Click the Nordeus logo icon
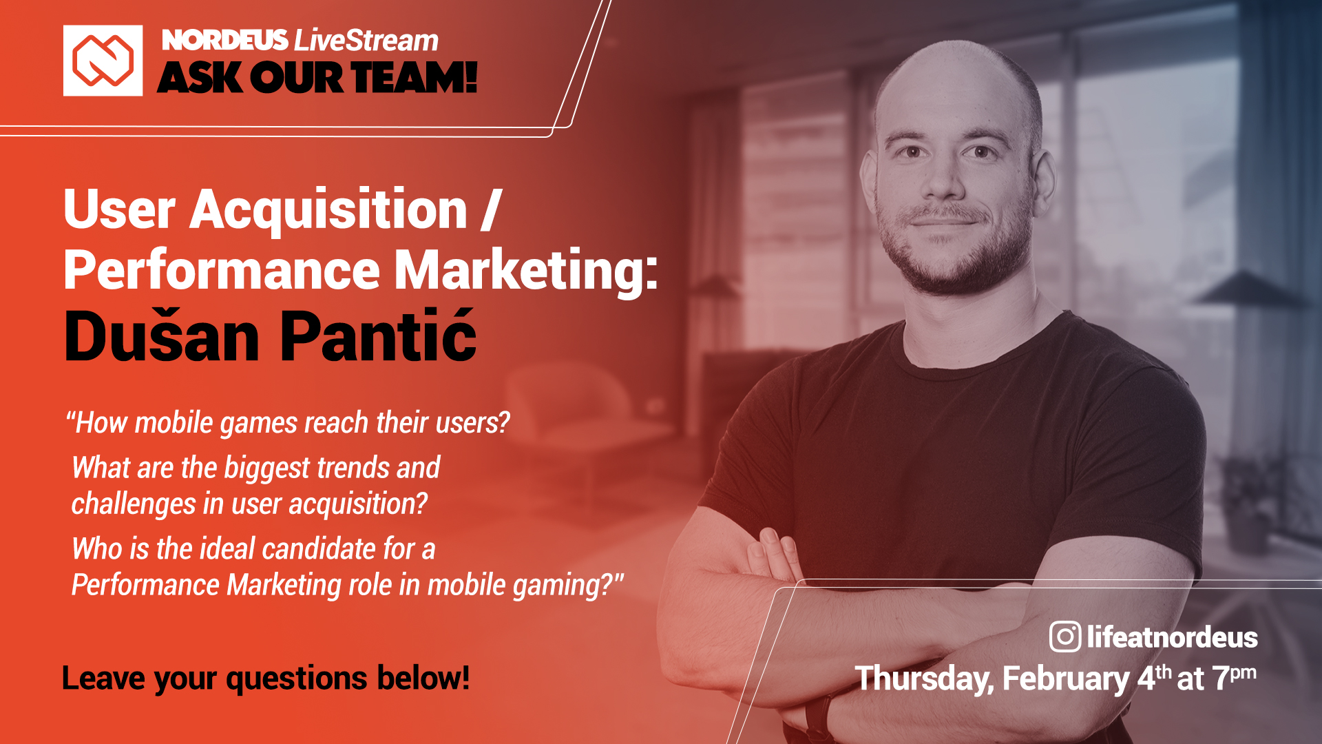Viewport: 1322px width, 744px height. point(103,61)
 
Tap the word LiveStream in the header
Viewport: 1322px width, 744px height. point(366,41)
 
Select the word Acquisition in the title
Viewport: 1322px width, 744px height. point(328,209)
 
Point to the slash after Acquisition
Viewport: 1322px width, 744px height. point(490,209)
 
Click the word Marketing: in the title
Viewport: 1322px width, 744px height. point(526,269)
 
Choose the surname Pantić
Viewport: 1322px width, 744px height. point(378,335)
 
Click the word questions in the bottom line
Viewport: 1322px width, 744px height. point(297,679)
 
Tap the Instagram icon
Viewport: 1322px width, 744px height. point(1065,637)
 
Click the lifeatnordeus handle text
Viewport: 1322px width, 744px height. point(1172,637)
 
